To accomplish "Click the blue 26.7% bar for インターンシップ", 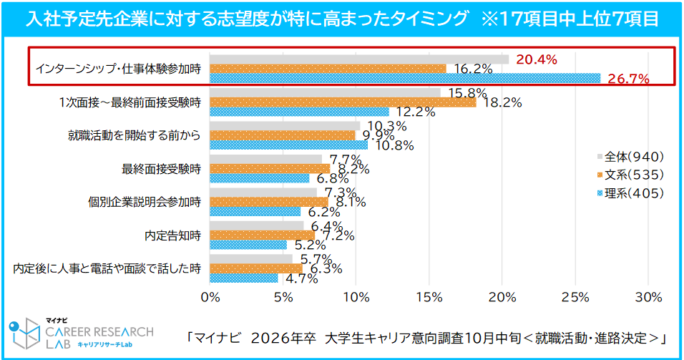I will tap(405, 78).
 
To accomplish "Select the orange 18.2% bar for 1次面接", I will tap(343, 102).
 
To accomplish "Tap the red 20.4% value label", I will tap(536, 60).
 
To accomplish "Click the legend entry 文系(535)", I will tap(630, 175).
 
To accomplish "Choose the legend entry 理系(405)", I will tap(630, 193).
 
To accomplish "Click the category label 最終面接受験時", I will tap(162, 169).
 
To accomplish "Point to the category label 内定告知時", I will tap(172, 235).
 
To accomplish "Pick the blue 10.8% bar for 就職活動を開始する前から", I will tap(289, 145).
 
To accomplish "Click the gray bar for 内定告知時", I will tap(257, 225).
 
